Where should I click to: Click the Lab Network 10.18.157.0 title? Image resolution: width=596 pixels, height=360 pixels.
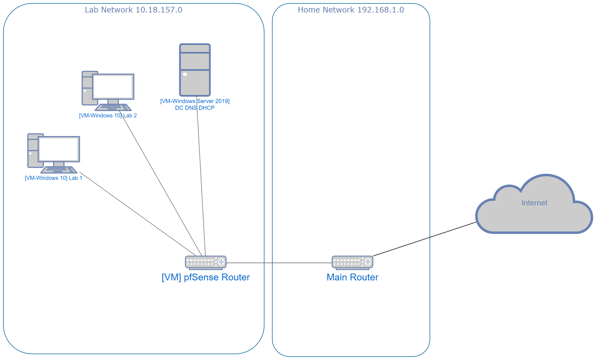pyautogui.click(x=134, y=10)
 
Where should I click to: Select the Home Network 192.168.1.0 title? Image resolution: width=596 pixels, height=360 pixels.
pyautogui.click(x=351, y=10)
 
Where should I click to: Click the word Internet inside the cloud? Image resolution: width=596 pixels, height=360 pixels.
pyautogui.click(x=534, y=203)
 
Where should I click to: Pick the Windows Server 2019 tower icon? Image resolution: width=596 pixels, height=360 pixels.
pyautogui.click(x=195, y=70)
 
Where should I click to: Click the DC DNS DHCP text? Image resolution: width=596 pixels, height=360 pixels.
pyautogui.click(x=195, y=108)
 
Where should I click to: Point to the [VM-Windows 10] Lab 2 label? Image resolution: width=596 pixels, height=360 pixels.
pyautogui.click(x=108, y=116)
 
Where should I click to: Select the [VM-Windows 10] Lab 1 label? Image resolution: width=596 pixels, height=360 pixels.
pyautogui.click(x=53, y=178)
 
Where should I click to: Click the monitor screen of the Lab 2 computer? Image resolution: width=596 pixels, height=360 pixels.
pyautogui.click(x=113, y=86)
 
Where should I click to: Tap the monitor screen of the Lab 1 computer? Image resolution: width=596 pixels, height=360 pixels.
pyautogui.click(x=59, y=149)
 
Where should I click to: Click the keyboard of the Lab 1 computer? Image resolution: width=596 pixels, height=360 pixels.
pyautogui.click(x=59, y=170)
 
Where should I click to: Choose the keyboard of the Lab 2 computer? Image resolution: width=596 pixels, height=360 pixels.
pyautogui.click(x=113, y=107)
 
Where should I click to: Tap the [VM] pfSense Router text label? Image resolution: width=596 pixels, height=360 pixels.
pyautogui.click(x=206, y=277)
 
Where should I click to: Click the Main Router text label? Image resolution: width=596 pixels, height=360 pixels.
pyautogui.click(x=352, y=277)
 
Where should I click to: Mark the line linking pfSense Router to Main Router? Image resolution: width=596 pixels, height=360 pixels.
pyautogui.click(x=279, y=263)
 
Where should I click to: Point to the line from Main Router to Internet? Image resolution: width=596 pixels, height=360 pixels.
pyautogui.click(x=424, y=239)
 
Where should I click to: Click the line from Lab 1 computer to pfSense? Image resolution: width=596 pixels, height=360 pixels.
pyautogui.click(x=137, y=213)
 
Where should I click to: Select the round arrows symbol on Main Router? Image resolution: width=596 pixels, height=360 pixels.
pyautogui.click(x=368, y=262)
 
